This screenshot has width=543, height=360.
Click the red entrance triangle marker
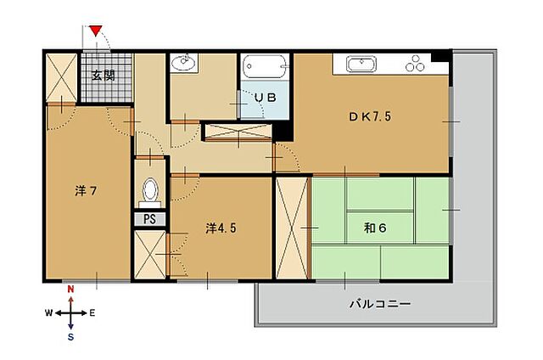point(96,31)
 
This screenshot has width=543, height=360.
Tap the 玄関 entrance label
point(104,76)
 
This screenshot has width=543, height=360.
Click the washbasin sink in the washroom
point(183,63)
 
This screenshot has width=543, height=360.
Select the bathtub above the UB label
point(266,66)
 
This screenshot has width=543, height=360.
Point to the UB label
point(266,98)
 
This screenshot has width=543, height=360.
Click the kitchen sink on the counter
point(361,64)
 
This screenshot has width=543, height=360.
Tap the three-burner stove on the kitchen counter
point(415,64)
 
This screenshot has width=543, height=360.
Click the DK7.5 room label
point(370,116)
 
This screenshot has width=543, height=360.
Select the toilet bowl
point(150,192)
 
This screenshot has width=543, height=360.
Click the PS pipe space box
point(150,219)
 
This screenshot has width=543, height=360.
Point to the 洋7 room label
point(86,190)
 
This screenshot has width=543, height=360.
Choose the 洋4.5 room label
point(221,228)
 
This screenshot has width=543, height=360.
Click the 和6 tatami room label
point(375,228)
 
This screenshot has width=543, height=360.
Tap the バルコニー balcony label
point(380,304)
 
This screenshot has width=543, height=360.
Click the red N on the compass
point(70,290)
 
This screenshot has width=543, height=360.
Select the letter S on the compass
point(70,337)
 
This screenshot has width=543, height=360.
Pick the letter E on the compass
point(92,313)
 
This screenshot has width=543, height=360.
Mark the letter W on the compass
point(49,313)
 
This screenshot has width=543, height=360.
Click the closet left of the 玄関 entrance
point(61,78)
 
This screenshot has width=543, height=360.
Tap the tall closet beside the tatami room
point(292,228)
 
